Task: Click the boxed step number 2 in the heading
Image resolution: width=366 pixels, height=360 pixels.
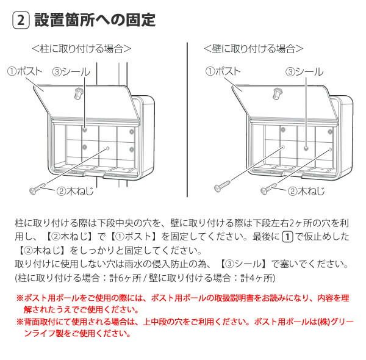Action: [21, 20]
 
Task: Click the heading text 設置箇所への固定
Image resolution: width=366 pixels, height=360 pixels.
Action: [95, 20]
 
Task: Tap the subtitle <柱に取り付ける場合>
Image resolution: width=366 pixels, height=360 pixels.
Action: [82, 49]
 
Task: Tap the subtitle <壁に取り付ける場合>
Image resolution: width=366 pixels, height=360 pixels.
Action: [254, 49]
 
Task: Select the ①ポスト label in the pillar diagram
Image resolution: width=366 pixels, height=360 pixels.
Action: [25, 71]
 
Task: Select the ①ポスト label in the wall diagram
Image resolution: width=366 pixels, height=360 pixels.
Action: [223, 71]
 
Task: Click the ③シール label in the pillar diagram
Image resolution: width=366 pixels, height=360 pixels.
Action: [71, 72]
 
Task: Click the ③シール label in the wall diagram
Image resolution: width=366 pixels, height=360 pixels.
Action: [304, 72]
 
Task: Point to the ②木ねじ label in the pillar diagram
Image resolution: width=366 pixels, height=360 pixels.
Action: [74, 191]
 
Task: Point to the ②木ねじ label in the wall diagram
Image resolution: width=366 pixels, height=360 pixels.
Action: [306, 191]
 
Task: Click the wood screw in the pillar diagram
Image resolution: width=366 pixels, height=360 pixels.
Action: [37, 189]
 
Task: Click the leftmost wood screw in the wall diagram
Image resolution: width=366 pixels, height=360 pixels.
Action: [222, 186]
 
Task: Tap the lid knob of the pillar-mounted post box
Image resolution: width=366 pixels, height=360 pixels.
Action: [78, 94]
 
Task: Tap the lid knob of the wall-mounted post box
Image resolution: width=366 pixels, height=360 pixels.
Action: [277, 94]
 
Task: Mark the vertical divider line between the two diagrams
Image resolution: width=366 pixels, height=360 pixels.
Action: [187, 120]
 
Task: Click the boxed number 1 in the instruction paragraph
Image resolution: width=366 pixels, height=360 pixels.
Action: [287, 237]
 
